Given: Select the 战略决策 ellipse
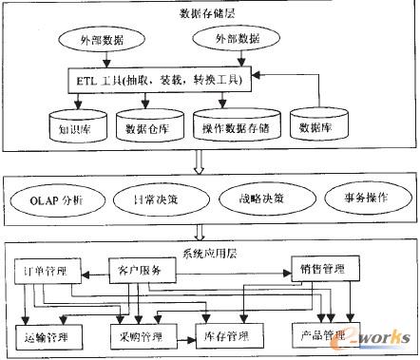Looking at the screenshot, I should coord(249,200).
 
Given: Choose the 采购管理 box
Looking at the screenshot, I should coord(140,335).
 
